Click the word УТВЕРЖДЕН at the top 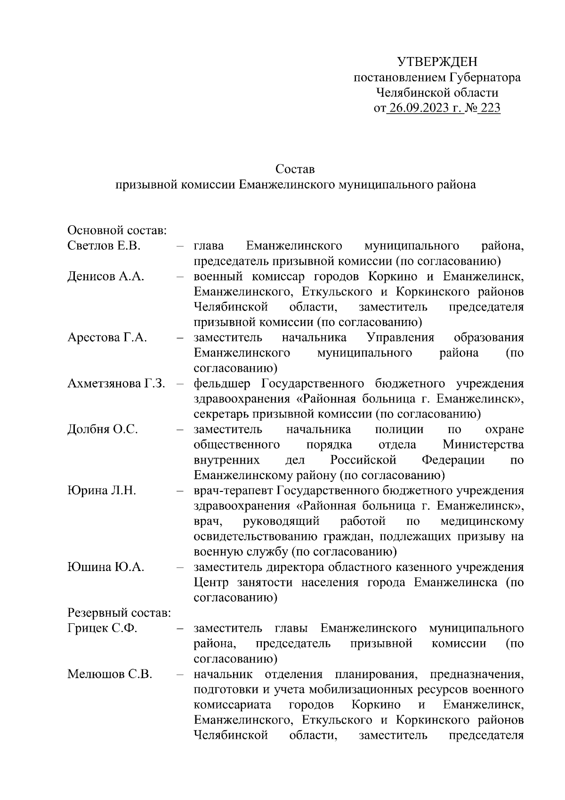[437, 62]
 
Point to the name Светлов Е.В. [104, 246]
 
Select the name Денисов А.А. [105, 277]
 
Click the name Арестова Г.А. [107, 338]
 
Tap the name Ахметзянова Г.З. [116, 384]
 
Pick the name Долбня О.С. [103, 430]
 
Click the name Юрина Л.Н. [102, 491]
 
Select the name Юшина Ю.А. [105, 567]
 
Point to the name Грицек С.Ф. [102, 629]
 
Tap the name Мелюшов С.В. [110, 674]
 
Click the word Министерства [483, 445]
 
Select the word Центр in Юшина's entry [211, 583]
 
